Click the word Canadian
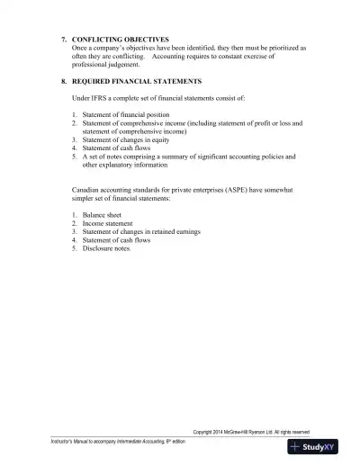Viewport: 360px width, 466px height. tap(88, 190)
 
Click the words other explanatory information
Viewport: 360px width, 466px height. tap(124, 165)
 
